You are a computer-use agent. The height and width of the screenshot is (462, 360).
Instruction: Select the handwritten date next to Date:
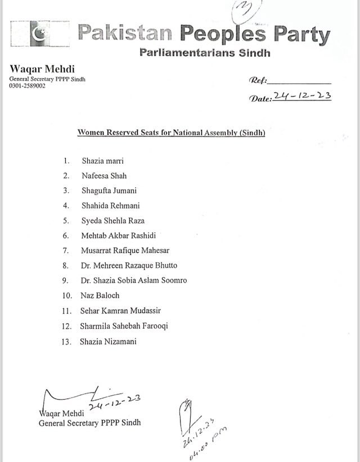(303, 96)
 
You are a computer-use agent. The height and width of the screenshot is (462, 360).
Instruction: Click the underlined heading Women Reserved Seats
(171, 133)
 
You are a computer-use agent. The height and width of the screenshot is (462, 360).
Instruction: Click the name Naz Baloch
(101, 296)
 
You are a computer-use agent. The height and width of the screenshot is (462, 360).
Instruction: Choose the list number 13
(67, 341)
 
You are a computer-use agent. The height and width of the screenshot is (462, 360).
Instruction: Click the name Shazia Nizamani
(109, 341)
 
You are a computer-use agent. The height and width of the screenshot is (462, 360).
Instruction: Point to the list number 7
(66, 251)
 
